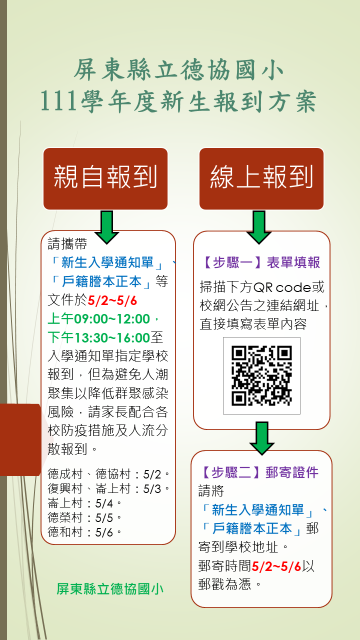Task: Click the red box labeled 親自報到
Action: pos(105,178)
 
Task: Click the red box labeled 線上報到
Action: pos(261,178)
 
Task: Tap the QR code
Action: pos(262,376)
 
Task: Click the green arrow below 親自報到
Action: pos(107,227)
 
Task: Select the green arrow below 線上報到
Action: pos(259,227)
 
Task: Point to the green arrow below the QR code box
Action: pos(262,438)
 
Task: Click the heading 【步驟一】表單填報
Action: pos(262,262)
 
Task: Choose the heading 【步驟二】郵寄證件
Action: pos(260,473)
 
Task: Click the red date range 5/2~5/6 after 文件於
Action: pos(112,301)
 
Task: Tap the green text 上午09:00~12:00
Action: pos(99,318)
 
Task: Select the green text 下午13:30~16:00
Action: pos(99,337)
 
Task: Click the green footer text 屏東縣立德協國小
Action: pos(110,589)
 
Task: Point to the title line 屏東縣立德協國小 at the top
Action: pos(178,71)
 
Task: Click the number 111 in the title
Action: pos(58,101)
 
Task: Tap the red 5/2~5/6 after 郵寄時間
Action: pos(276,566)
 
